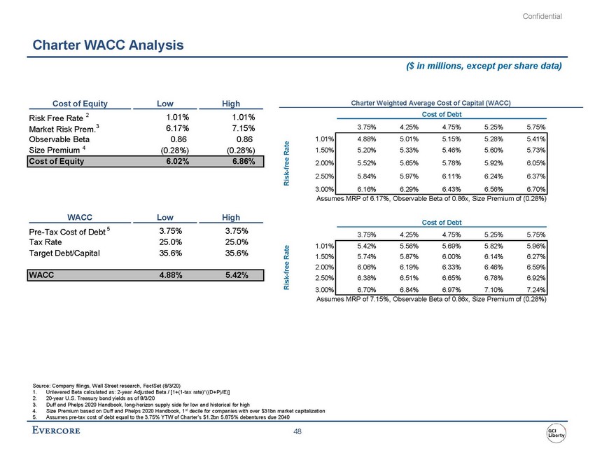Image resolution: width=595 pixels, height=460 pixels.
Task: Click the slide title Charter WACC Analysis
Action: tap(108, 46)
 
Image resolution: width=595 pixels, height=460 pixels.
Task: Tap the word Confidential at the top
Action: tap(542, 16)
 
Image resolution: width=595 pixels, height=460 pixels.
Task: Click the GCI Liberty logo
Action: tap(557, 432)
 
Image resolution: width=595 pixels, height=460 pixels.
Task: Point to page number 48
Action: tap(297, 432)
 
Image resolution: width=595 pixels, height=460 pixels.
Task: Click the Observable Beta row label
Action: tap(62, 139)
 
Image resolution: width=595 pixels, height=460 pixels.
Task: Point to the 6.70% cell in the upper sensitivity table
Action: tap(535, 190)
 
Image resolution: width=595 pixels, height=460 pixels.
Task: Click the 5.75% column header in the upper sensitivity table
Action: tap(535, 127)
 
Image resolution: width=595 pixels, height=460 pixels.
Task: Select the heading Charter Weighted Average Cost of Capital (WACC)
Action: tap(430, 103)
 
